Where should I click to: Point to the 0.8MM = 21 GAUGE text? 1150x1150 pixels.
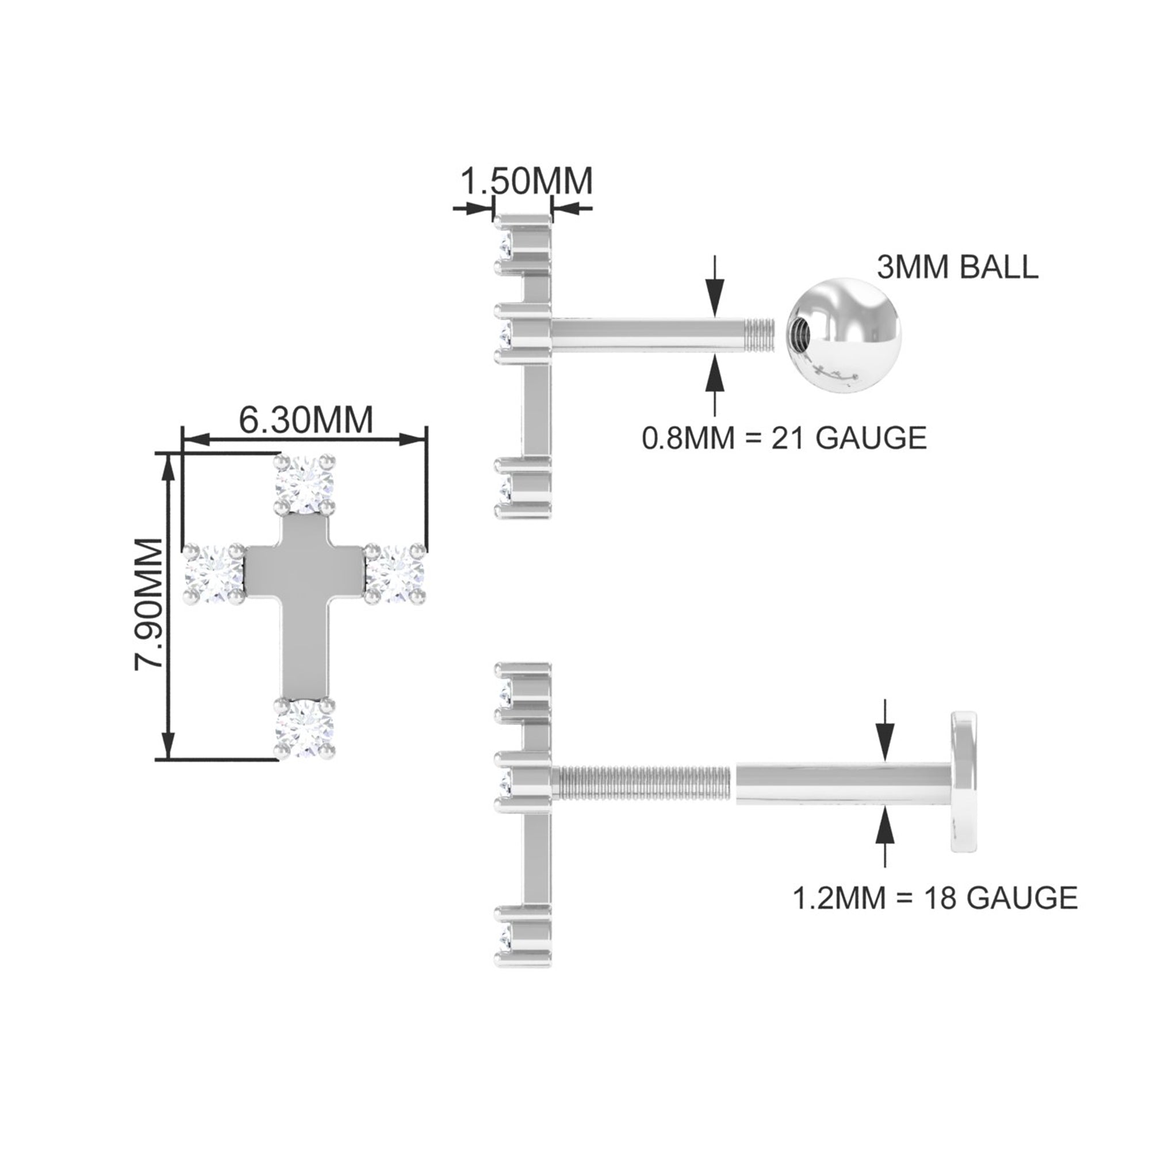[x=784, y=438]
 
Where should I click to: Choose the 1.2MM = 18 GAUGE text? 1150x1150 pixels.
[x=935, y=914]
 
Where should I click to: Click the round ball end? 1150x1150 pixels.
[x=845, y=338]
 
